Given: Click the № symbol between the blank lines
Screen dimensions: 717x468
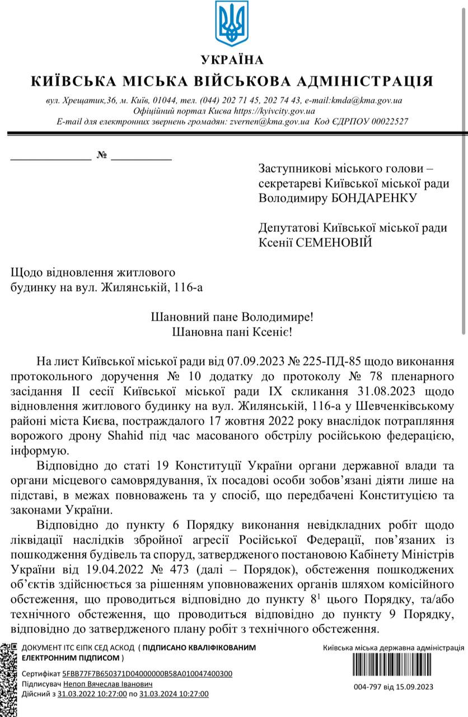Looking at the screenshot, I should pyautogui.click(x=101, y=155).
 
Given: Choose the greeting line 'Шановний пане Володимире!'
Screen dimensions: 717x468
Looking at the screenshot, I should pyautogui.click(x=232, y=317).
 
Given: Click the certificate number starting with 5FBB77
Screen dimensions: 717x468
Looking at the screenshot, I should pyautogui.click(x=147, y=674).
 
